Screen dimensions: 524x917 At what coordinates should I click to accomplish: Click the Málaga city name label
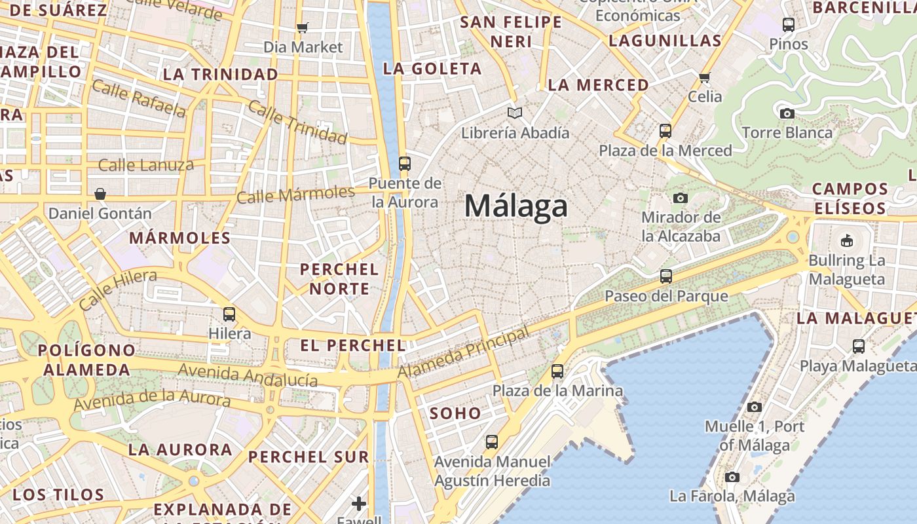(x=516, y=206)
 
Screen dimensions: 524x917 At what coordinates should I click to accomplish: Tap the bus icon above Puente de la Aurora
(x=405, y=164)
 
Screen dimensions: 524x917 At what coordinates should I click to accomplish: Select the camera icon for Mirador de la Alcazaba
(x=681, y=198)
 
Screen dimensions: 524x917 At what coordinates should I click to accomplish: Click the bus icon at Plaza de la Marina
(x=557, y=371)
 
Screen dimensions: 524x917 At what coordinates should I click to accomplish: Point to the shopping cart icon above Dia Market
(x=302, y=28)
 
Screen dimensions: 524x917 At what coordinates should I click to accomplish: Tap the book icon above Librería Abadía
(x=515, y=113)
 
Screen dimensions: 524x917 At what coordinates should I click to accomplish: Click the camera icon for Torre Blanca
(x=787, y=113)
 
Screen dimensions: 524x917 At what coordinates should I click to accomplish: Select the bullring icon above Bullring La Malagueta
(x=846, y=240)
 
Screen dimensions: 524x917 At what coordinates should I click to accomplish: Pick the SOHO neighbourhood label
(x=455, y=413)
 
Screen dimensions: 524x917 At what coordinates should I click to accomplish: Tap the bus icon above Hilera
(x=229, y=314)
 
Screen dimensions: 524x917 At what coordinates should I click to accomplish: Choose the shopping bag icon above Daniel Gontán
(x=100, y=194)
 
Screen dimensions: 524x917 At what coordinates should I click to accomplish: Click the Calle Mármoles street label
(x=295, y=195)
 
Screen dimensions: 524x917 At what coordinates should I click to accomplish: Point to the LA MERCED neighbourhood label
(x=598, y=85)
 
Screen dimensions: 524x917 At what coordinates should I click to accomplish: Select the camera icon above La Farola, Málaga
(x=732, y=477)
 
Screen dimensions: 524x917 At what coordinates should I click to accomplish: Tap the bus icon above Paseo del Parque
(x=666, y=276)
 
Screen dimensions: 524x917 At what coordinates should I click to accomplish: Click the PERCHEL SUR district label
(x=309, y=457)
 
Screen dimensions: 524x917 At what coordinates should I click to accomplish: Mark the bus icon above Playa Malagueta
(x=859, y=346)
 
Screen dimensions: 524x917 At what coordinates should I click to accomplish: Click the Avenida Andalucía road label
(x=248, y=375)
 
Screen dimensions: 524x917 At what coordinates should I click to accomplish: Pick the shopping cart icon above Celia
(x=705, y=77)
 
